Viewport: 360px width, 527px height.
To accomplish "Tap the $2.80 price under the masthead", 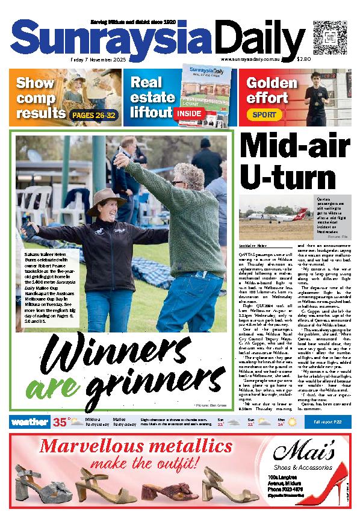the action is (x=304, y=60).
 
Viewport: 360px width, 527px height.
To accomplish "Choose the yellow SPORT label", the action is (x=264, y=114).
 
